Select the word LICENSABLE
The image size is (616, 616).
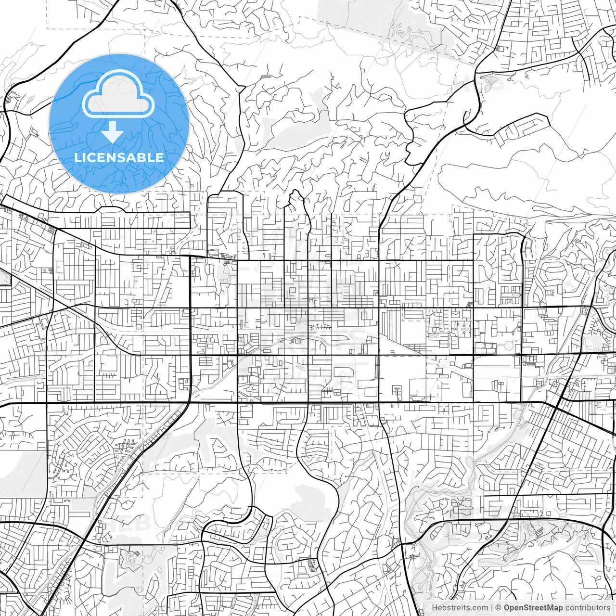[x=119, y=157]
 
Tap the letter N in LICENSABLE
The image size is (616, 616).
[x=117, y=157]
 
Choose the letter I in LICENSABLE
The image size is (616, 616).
[x=84, y=157]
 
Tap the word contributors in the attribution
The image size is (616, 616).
[x=587, y=608]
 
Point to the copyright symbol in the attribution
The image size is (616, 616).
[x=499, y=608]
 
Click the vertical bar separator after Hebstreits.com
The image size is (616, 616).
[x=492, y=608]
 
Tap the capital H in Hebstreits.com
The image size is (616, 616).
[x=435, y=608]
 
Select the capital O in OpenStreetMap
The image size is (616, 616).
[x=507, y=608]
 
